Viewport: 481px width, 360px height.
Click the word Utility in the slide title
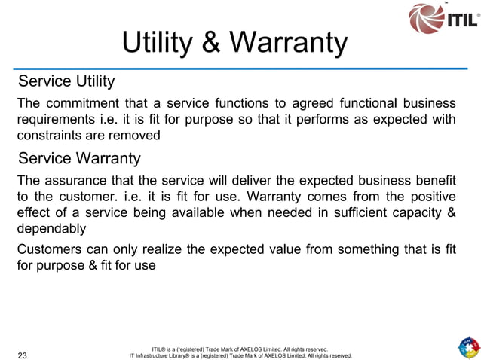coord(157,44)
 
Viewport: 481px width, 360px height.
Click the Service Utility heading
coord(66,80)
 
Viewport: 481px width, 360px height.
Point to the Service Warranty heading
coord(79,158)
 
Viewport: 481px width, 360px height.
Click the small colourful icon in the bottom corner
coord(466,349)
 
